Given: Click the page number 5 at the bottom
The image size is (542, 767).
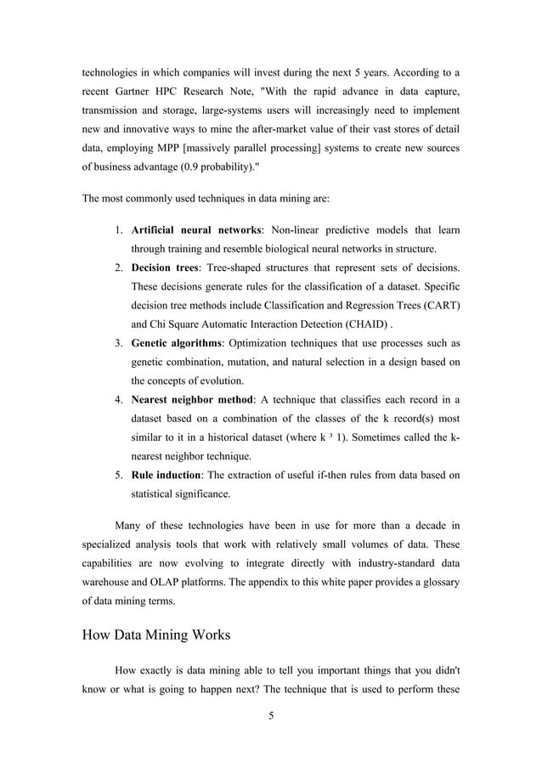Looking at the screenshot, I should click(x=271, y=715).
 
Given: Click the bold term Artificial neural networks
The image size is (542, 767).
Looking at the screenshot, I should click(x=196, y=232).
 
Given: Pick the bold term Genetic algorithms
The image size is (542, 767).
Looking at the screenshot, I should click(x=176, y=343).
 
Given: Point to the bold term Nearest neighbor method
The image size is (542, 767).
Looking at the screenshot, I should click(x=190, y=399).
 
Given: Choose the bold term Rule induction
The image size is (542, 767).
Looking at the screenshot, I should click(x=165, y=474).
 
